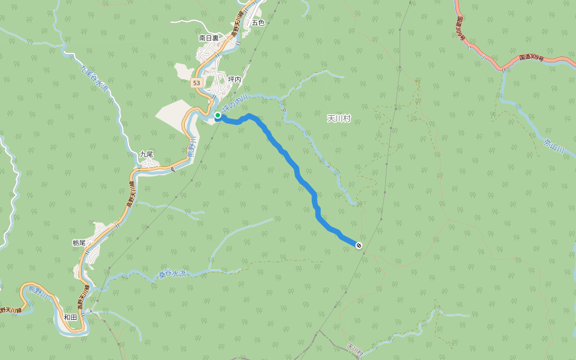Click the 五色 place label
click(258, 22)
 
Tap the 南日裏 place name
click(209, 38)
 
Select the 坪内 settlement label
click(235, 79)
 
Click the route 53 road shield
click(197, 83)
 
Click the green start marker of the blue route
click(218, 115)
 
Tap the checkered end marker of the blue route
click(359, 245)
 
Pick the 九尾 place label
click(147, 154)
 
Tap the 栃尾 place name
click(79, 243)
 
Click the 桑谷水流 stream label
click(173, 274)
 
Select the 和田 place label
click(70, 317)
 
